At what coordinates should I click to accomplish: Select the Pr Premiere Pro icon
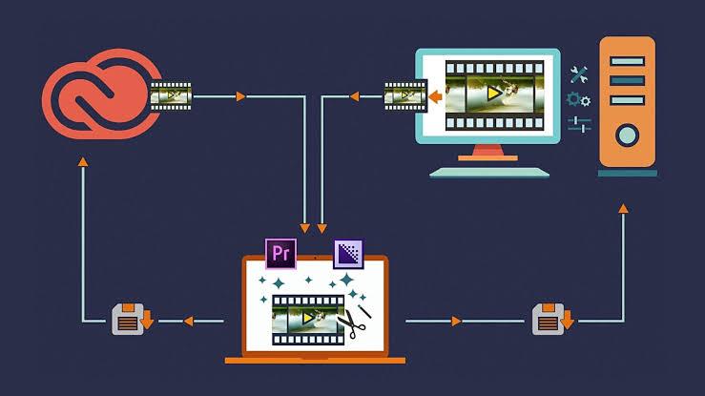coord(280,253)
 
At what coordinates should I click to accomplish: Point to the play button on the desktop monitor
coord(490,94)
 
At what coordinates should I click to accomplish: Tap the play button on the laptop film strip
coord(306,318)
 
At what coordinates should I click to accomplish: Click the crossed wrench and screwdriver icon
coord(578,74)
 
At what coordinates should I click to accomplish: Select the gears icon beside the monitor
coord(578,99)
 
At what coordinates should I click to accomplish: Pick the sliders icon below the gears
coord(578,124)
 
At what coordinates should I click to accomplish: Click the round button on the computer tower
coord(627,135)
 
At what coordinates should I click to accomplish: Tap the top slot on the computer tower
coord(627,59)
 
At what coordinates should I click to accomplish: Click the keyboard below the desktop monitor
coord(489,172)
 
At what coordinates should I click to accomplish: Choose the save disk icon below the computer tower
coord(551,319)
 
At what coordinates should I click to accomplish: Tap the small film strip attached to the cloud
coord(171,95)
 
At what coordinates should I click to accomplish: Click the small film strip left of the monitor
coord(405,95)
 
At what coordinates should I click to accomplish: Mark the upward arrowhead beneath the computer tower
coord(623,207)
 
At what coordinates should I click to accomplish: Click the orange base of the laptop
coord(315,360)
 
